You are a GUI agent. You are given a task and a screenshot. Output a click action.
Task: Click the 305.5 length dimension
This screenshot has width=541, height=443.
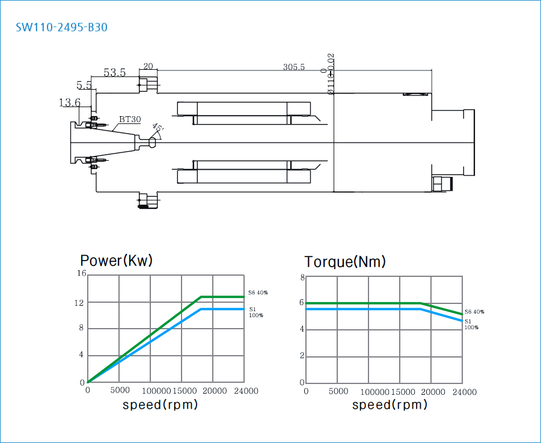(294, 67)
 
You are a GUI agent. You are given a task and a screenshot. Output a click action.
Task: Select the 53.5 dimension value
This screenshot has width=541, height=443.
(114, 73)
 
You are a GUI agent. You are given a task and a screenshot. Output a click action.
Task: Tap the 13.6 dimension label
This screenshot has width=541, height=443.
(70, 103)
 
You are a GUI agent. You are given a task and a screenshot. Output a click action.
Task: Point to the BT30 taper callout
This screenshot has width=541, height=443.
(130, 120)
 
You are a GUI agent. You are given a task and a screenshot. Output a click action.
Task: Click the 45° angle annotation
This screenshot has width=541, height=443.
(157, 129)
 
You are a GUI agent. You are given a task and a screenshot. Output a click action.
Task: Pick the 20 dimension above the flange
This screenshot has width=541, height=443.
(148, 66)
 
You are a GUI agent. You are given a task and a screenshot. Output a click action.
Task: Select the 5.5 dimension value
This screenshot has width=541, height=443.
(84, 85)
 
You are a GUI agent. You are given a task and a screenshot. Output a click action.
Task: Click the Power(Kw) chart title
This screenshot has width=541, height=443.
(117, 261)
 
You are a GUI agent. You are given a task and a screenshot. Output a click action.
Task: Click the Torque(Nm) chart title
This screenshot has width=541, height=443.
(345, 262)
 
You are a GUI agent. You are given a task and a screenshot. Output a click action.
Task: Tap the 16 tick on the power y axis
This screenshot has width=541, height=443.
(82, 274)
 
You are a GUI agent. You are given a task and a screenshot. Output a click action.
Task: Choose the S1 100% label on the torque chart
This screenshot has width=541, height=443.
(471, 324)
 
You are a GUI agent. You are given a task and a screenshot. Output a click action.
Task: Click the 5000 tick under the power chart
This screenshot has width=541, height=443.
(119, 391)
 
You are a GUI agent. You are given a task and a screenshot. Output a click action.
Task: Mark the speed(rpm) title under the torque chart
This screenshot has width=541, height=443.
(390, 405)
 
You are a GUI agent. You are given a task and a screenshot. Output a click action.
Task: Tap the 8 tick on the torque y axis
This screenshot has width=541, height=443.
(303, 277)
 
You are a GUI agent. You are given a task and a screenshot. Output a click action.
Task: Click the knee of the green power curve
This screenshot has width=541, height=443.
(201, 297)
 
